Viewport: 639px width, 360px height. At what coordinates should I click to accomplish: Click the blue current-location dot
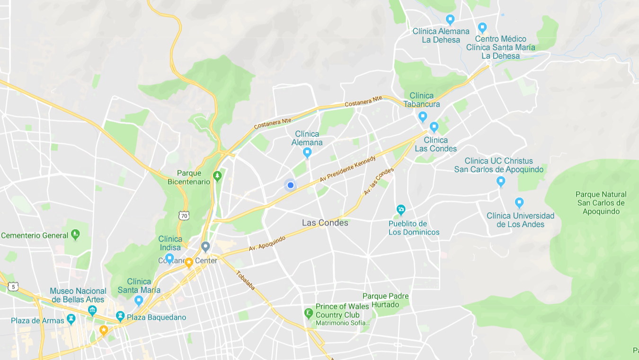pos(291,185)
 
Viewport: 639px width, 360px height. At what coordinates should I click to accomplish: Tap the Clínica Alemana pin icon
pos(307,152)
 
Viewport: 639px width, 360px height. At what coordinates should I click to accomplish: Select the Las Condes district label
pos(325,223)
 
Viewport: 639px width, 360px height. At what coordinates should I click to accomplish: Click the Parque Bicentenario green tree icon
pos(217,176)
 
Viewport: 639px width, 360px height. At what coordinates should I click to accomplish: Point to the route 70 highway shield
pos(184,216)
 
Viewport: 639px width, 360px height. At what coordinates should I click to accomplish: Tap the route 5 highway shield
pos(13,287)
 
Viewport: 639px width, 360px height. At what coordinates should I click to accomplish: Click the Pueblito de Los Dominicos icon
pos(401,209)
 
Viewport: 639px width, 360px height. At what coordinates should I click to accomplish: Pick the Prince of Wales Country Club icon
pos(309,313)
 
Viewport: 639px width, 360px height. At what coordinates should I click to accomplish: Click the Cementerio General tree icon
pos(75,235)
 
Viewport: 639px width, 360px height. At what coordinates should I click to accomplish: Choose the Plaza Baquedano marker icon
pos(120,316)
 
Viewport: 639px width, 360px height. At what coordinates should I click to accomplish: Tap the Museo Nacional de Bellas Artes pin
pos(92,310)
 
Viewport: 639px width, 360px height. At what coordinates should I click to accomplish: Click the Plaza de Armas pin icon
pos(71,319)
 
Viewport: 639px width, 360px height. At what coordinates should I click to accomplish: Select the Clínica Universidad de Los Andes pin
pos(519,203)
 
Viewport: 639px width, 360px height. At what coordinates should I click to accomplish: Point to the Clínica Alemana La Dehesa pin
pos(450,19)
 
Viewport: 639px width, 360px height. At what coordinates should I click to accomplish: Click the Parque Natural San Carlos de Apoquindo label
pos(601,203)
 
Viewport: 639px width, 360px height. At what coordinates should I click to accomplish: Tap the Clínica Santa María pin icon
pos(139,300)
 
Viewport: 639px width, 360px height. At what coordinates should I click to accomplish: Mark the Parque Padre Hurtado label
pos(385,300)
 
